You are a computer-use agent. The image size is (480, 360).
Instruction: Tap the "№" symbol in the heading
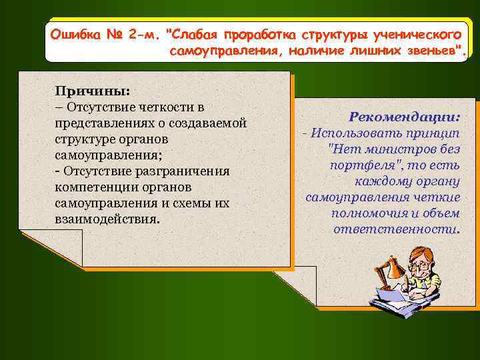(x=114, y=33)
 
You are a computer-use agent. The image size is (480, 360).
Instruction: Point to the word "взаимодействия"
(x=107, y=219)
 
